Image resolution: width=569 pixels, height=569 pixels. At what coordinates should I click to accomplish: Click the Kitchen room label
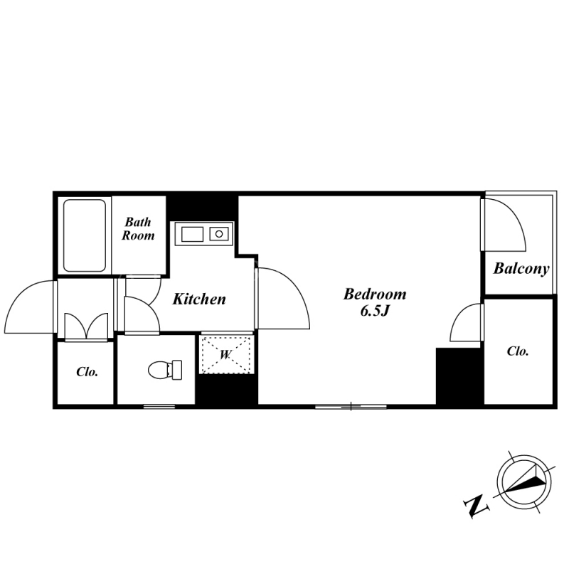(199, 299)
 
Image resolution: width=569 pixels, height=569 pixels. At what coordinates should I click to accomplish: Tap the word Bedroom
(375, 294)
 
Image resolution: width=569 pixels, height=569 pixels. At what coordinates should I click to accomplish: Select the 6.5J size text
(375, 311)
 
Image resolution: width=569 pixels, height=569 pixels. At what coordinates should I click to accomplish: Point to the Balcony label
(521, 269)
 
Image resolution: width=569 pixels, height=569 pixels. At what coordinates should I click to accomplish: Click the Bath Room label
(138, 228)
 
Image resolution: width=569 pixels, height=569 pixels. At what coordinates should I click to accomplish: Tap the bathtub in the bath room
(85, 235)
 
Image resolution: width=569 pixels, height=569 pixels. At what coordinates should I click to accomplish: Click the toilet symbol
(165, 370)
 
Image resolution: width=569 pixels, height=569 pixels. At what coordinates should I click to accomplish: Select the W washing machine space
(225, 354)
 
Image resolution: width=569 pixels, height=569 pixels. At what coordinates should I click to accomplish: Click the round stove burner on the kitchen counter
(219, 234)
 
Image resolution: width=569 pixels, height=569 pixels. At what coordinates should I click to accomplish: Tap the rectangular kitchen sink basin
(192, 234)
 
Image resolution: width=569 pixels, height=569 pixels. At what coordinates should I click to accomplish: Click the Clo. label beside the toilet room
(87, 372)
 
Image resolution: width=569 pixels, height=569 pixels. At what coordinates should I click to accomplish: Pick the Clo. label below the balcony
(518, 351)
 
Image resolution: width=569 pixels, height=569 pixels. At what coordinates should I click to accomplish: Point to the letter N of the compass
(476, 506)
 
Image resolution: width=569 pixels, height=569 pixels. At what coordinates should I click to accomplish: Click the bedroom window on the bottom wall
(351, 406)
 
